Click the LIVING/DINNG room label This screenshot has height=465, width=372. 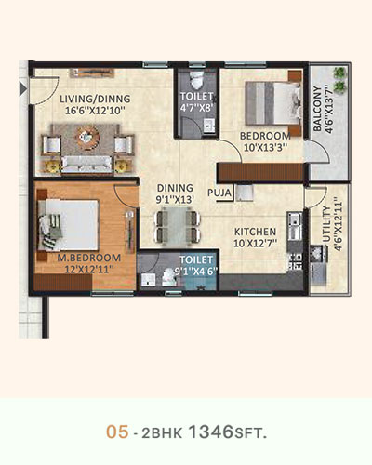tap(95, 100)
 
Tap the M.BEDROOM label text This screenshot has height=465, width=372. tap(89, 258)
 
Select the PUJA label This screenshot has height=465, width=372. tap(219, 193)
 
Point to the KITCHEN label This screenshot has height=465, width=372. tap(255, 232)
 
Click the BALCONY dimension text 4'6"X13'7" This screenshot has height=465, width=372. tap(329, 111)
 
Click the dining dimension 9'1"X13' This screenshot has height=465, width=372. tap(175, 200)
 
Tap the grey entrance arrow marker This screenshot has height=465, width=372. tap(23, 88)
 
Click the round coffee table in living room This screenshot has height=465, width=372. tap(88, 137)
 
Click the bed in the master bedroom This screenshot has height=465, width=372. tap(69, 224)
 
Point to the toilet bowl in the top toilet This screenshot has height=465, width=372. tap(196, 79)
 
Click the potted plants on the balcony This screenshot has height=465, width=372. tap(339, 80)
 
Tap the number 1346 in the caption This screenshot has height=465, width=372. tap(211, 432)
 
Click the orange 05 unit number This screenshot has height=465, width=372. tap(117, 432)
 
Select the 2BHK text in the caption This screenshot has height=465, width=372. tap(162, 433)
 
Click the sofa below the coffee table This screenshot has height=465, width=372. tap(86, 165)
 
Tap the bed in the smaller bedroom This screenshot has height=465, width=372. tap(272, 103)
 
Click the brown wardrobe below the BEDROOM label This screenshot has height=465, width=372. tap(261, 172)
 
